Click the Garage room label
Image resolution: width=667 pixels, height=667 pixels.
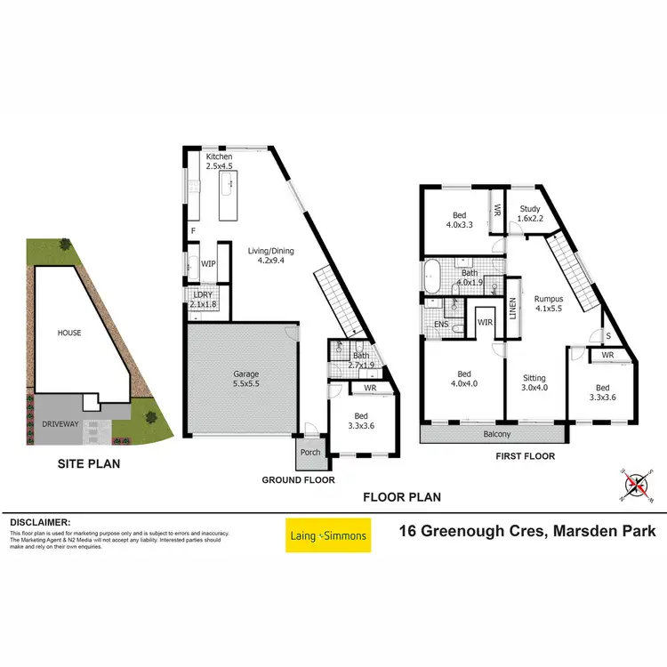[245, 380]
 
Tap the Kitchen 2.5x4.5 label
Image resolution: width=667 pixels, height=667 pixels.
[219, 162]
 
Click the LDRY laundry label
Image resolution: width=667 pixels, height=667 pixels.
[203, 299]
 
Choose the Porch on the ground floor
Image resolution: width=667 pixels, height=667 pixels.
[309, 452]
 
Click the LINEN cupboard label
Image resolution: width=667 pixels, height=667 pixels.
[512, 307]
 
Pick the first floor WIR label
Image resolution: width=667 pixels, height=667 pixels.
[486, 322]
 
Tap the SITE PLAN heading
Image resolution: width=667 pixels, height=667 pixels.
[89, 462]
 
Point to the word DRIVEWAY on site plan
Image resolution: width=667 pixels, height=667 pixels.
[60, 425]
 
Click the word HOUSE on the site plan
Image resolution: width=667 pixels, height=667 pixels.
[69, 333]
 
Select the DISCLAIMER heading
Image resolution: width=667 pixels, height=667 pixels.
[40, 522]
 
